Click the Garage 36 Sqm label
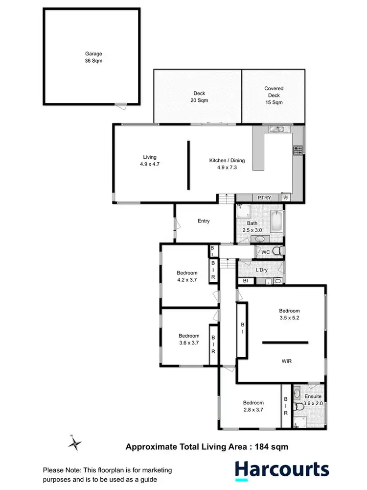(x=92, y=58)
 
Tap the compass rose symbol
(x=75, y=443)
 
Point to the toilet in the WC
(x=277, y=251)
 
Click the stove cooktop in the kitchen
(x=298, y=150)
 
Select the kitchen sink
(x=277, y=129)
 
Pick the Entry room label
(x=204, y=221)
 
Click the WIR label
(x=287, y=361)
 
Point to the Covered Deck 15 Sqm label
(x=274, y=96)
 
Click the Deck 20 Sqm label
(x=199, y=97)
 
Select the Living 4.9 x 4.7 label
(x=150, y=161)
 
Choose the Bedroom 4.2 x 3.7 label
(x=187, y=276)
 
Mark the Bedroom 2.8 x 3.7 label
(x=253, y=406)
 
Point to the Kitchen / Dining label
(x=227, y=164)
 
